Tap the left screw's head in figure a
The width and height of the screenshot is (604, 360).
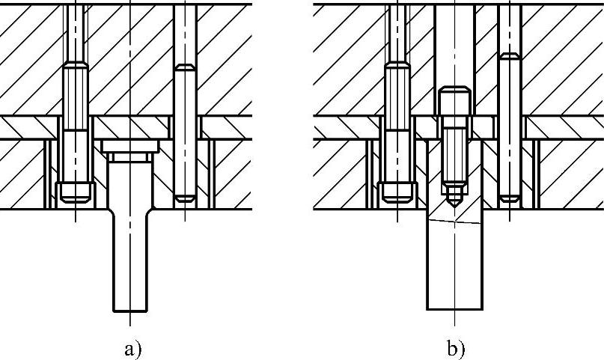[x=75, y=192]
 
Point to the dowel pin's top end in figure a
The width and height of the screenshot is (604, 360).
[x=184, y=69]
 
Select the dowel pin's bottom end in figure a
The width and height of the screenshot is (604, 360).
[x=184, y=198]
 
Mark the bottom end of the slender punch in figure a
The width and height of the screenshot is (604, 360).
[x=129, y=309]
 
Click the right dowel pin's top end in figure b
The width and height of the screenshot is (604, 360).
[x=509, y=57]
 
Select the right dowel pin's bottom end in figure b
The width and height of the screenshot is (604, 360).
[x=509, y=198]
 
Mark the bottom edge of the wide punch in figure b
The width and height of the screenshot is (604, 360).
[x=454, y=309]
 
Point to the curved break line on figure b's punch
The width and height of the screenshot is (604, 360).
[x=454, y=223]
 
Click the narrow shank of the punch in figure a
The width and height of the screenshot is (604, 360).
[x=129, y=262]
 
